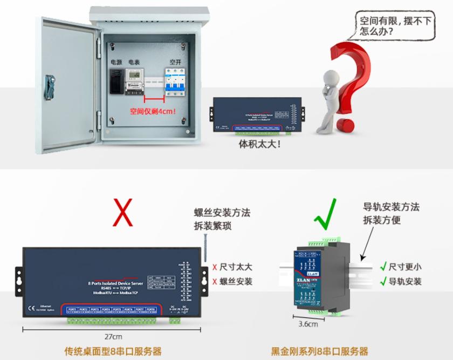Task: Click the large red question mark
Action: click(353, 81)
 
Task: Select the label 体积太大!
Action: click(259, 145)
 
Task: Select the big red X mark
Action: click(122, 211)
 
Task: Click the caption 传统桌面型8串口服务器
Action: click(113, 351)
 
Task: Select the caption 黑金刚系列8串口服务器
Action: click(319, 351)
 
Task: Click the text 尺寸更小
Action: click(404, 266)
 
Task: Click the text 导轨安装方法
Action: click(391, 207)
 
